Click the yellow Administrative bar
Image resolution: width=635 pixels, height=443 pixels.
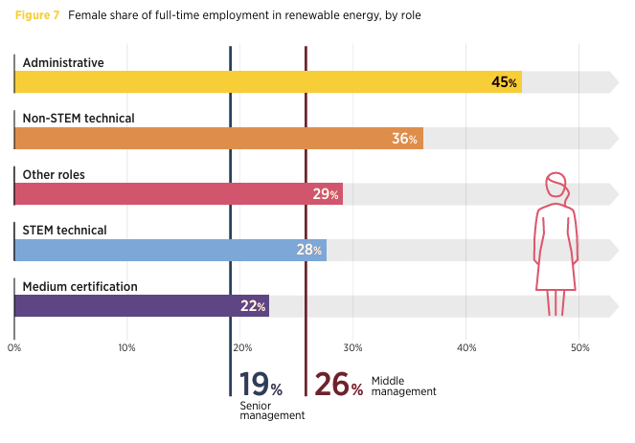tap(268, 82)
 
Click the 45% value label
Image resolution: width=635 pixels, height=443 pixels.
tap(505, 83)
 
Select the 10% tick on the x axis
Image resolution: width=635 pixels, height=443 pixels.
tap(126, 347)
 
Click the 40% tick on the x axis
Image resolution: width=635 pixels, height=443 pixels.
tap(466, 347)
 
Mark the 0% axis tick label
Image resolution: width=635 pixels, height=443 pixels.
tap(14, 347)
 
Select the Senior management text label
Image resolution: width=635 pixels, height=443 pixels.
tap(272, 410)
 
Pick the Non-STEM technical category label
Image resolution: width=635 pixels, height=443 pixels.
tap(79, 119)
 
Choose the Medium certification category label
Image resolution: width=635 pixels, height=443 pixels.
tap(80, 286)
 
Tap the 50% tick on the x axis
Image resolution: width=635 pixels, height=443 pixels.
tap(579, 347)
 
